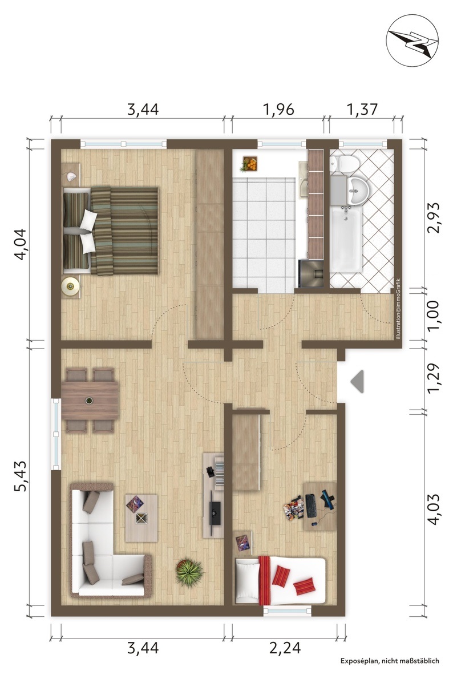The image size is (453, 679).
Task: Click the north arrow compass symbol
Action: [x=412, y=41]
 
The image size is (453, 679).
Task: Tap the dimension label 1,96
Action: [x=278, y=110]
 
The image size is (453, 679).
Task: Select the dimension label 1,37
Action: [x=362, y=110]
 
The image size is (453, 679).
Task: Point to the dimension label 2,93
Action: [x=433, y=217]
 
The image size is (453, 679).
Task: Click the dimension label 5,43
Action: [x=21, y=475]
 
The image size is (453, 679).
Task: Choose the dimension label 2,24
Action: [x=285, y=648]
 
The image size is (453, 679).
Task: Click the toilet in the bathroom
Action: [x=345, y=163]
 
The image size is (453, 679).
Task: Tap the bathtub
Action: [x=346, y=239]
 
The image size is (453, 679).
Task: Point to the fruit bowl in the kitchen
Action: [x=250, y=164]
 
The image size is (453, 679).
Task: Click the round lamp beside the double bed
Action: [x=70, y=286]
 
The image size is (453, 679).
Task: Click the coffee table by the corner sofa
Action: [x=141, y=518]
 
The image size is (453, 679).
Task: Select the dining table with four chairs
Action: [x=90, y=400]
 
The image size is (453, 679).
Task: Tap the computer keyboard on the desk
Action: [x=310, y=506]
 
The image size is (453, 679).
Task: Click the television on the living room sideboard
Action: [x=215, y=513]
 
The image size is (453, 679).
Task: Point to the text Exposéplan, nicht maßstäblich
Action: [x=390, y=661]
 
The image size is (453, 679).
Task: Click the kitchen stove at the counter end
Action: [x=311, y=273]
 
